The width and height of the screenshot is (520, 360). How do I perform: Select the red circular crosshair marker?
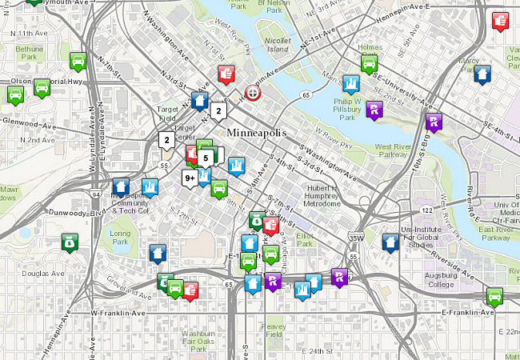253,93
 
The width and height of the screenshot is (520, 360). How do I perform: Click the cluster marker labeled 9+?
190,178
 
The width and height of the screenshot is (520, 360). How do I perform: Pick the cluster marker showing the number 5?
206,158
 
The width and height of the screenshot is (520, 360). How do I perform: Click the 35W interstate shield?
357,238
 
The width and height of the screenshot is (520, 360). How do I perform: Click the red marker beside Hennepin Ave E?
501,20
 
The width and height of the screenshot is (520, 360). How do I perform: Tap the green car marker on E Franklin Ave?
495,296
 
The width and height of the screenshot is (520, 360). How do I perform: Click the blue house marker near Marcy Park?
482,74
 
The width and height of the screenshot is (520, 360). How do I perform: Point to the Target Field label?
168,114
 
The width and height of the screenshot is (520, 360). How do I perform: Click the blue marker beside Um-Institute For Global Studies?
390,242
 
